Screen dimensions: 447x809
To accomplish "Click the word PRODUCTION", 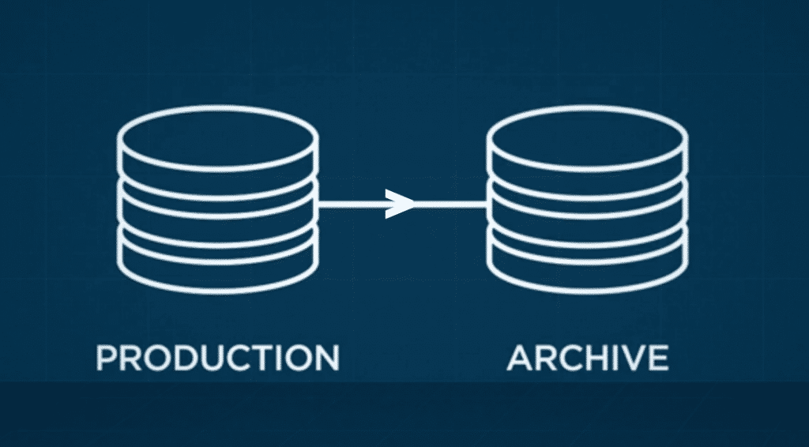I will pos(217,357).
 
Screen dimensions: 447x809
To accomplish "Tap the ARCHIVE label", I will pos(588,357).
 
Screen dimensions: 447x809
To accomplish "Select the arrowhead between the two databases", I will pos(401,204).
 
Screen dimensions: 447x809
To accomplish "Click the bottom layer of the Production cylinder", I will pos(218,265).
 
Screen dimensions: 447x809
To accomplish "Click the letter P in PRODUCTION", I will pos(106,357).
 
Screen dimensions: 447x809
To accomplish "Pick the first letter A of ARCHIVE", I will pos(521,357).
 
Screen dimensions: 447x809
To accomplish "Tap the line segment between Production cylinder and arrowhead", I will pos(352,204).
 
